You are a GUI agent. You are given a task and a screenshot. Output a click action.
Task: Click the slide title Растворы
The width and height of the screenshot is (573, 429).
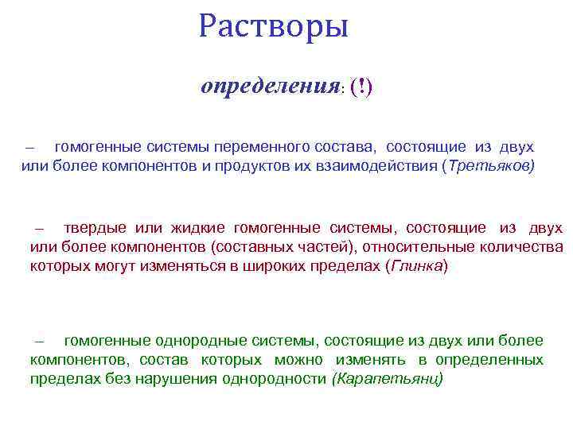[274, 26]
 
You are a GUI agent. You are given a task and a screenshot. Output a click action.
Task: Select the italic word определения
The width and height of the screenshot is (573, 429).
[270, 86]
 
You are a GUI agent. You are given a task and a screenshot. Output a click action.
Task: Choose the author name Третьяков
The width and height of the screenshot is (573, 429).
[489, 166]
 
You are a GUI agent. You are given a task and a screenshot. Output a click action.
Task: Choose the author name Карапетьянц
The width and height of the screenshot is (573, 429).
[388, 379]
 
